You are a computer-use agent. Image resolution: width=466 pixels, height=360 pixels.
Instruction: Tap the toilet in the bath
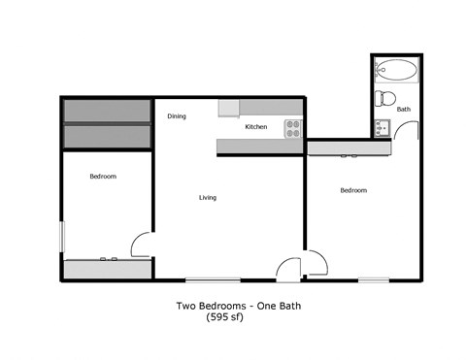coord(384,97)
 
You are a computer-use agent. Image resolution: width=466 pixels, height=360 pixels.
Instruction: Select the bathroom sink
coord(382,126)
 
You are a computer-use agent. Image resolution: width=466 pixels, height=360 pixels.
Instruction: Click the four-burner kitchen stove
coord(293,127)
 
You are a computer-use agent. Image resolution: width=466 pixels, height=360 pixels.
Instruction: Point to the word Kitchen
coord(255,127)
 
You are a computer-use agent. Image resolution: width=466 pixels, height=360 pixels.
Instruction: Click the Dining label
coord(176,116)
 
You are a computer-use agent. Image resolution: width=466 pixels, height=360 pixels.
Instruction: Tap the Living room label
coord(207,198)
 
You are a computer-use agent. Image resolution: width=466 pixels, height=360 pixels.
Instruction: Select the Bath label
coord(404,110)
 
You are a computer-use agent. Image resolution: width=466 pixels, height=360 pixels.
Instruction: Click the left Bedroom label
coord(103,177)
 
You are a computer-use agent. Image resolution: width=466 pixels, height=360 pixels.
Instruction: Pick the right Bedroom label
coord(352,190)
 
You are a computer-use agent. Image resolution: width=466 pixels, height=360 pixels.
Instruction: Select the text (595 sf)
coord(224,317)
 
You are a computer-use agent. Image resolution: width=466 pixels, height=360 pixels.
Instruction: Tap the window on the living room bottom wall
coord(213,279)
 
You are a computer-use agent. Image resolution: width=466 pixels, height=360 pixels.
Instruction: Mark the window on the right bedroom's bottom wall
coord(374,279)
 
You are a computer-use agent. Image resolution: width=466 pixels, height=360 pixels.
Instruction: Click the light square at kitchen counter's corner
coord(228,108)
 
